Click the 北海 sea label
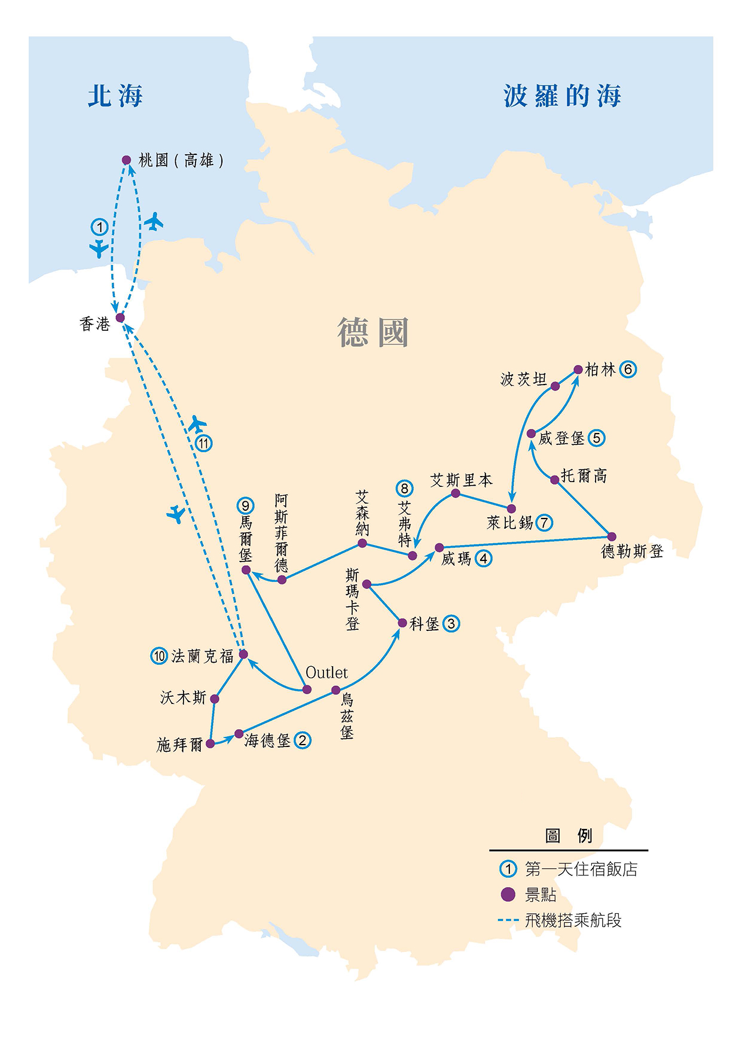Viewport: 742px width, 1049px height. [x=115, y=96]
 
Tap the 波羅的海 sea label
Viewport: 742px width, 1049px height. [x=562, y=96]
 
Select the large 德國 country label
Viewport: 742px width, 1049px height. [x=373, y=333]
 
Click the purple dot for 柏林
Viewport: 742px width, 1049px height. [x=578, y=370]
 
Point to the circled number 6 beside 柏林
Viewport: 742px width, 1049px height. [x=628, y=369]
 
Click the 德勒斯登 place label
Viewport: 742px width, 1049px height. [x=632, y=551]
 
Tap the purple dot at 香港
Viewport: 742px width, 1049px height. [x=120, y=318]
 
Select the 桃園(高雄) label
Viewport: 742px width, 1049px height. [x=181, y=160]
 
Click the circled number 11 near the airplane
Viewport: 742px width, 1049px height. [x=204, y=443]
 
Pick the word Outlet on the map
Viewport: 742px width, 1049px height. [x=326, y=673]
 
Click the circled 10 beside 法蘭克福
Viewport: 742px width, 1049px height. [x=159, y=656]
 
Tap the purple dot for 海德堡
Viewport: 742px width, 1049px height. [x=239, y=734]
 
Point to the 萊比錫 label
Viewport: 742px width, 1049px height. [x=509, y=523]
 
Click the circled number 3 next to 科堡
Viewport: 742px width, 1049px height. [x=451, y=624]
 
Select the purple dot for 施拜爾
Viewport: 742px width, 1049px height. [x=210, y=743]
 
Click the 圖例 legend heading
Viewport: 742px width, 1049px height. [x=568, y=835]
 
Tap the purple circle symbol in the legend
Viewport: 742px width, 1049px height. [x=508, y=895]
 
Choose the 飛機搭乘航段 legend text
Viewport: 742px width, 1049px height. [x=573, y=920]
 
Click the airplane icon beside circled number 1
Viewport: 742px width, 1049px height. [x=99, y=248]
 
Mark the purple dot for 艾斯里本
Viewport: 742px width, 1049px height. [x=456, y=493]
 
